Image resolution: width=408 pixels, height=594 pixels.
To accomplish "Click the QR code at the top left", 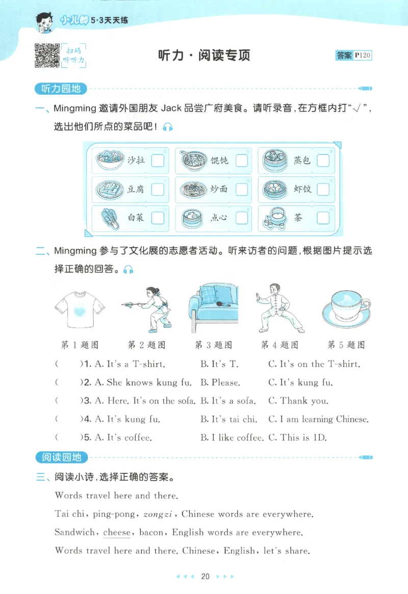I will (47, 56).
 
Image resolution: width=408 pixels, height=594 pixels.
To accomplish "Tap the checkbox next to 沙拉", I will (158, 160).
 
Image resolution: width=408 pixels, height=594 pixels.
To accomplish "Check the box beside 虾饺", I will (323, 190).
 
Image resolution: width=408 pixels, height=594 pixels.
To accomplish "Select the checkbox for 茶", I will (323, 218).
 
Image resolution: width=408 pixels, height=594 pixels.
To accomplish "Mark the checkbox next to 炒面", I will (241, 190).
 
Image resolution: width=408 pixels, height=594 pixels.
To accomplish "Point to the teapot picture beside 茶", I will (274, 218).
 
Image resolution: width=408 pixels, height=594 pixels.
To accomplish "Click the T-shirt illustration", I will (79, 309).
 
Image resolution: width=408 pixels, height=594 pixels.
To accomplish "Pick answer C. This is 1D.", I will (297, 438).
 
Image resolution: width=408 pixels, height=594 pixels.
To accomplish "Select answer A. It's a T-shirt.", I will (130, 364).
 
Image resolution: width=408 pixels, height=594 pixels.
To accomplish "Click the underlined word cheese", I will (117, 532).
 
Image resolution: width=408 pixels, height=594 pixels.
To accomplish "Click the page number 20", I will (206, 577).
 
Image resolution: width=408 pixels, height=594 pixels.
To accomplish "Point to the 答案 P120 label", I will (354, 56).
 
